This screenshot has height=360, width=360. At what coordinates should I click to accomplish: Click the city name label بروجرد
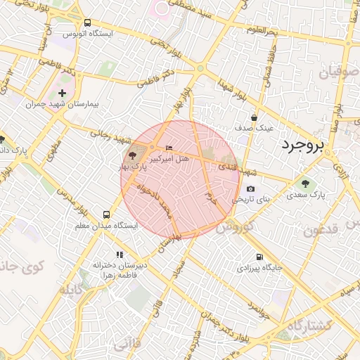pyautogui.click(x=303, y=146)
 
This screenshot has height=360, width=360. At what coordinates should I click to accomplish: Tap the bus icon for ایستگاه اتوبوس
pyautogui.click(x=86, y=23)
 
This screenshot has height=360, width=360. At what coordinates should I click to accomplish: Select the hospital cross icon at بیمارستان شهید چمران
pyautogui.click(x=62, y=93)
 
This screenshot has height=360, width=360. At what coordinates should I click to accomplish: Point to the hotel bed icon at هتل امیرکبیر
pyautogui.click(x=167, y=147)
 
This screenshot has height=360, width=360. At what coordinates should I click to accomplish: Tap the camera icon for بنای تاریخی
pyautogui.click(x=250, y=188)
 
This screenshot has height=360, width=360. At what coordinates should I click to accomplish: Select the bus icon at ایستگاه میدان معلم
pyautogui.click(x=106, y=214)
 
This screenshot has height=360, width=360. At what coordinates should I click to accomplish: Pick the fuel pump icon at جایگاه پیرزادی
pyautogui.click(x=260, y=257)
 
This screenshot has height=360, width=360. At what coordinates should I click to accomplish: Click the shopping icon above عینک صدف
pyautogui.click(x=254, y=118)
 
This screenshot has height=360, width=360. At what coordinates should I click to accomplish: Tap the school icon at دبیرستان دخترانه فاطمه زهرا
pyautogui.click(x=120, y=255)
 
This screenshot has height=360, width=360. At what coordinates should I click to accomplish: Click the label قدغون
pyautogui.click(x=323, y=229)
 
